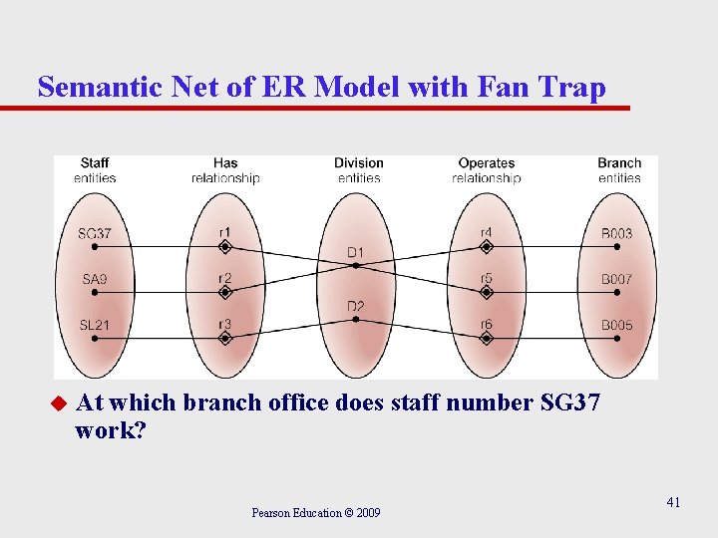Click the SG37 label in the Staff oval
[x=95, y=234]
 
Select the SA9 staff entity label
[x=95, y=280]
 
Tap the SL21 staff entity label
[x=95, y=325]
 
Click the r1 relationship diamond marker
[x=225, y=246]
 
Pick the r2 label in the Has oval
[x=225, y=279]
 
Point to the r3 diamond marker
[x=225, y=338]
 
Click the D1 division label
[x=356, y=252]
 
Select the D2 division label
[x=356, y=306]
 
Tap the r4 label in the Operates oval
[x=486, y=234]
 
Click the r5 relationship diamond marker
[x=486, y=292]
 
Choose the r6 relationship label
[x=486, y=325]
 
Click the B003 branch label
[x=616, y=234]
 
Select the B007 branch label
[x=616, y=280]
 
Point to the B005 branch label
[x=616, y=325]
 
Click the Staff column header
[x=95, y=163]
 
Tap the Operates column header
[x=486, y=163]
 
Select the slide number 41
[x=673, y=502]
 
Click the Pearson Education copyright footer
[x=315, y=513]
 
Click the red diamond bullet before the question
[x=58, y=403]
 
